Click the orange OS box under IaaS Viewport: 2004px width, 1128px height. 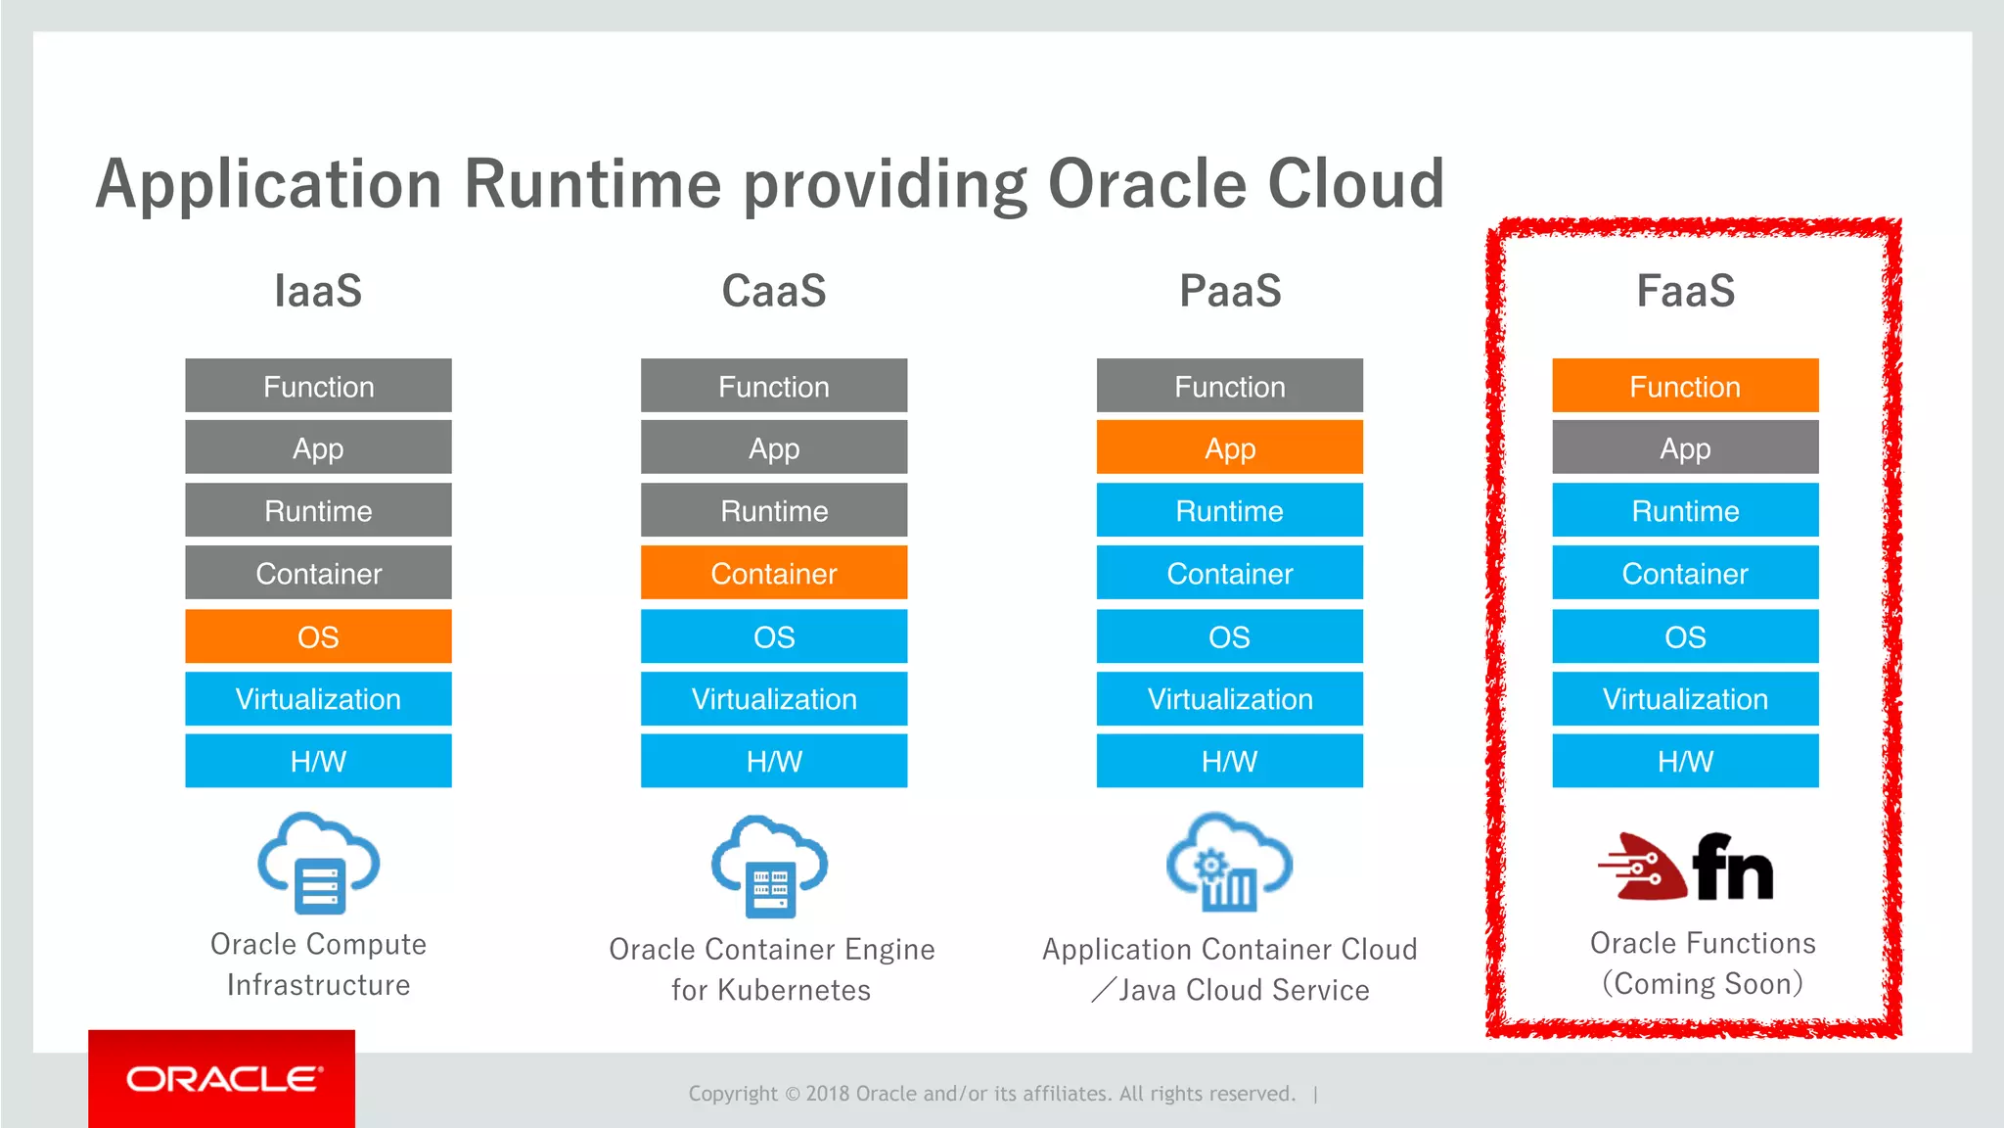[318, 636]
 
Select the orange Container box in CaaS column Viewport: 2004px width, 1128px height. [774, 573]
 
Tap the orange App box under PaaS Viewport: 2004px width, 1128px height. [1229, 448]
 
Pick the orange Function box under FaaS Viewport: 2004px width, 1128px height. [1685, 386]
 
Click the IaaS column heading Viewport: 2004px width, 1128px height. [318, 291]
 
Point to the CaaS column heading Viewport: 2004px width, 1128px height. [774, 291]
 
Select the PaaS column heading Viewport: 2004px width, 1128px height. [1230, 291]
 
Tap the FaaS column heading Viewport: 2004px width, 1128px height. [1685, 291]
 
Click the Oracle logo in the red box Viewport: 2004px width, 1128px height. [223, 1079]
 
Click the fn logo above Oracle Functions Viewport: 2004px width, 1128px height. [1685, 867]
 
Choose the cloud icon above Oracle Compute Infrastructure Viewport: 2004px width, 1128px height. [318, 862]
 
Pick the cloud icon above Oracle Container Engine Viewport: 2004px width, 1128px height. [770, 866]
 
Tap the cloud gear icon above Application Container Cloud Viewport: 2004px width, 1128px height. [1229, 862]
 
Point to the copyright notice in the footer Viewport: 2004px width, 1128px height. [991, 1094]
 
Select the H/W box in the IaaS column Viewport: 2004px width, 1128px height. [318, 761]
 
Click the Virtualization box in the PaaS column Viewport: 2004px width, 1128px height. [1229, 698]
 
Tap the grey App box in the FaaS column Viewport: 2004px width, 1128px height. [1685, 448]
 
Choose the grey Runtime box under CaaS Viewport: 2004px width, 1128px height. [774, 510]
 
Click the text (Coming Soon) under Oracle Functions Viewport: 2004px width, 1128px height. [1702, 983]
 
